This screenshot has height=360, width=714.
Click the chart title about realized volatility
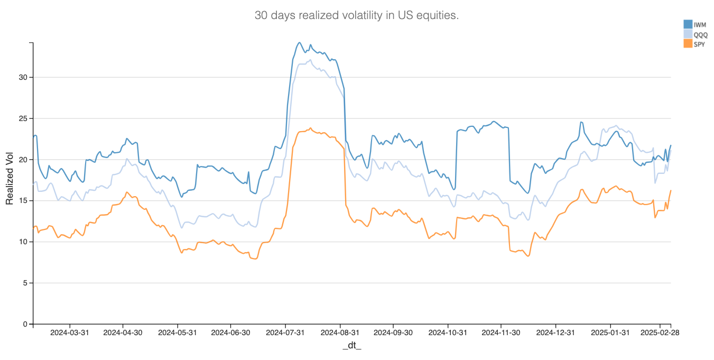click(357, 15)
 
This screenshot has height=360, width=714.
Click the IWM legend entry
click(700, 24)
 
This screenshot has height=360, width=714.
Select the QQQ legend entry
click(701, 34)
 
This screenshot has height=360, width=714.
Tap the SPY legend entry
click(699, 44)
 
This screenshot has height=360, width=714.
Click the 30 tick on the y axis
click(23, 77)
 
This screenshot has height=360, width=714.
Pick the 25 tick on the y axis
click(23, 118)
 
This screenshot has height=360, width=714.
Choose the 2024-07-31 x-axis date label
click(285, 333)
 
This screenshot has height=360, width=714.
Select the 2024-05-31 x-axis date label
click(177, 333)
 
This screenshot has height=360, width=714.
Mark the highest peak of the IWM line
click(300, 43)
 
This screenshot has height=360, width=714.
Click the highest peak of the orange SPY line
click(311, 128)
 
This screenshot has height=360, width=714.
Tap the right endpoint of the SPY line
click(671, 190)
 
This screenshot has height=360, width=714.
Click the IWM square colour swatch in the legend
click(688, 24)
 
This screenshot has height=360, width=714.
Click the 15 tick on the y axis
click(23, 200)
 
